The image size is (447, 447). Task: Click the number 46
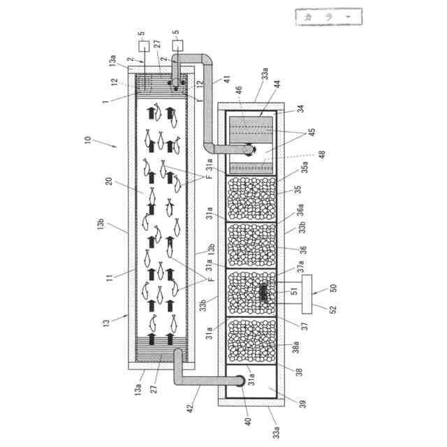(238, 89)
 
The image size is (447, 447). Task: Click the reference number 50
(333, 288)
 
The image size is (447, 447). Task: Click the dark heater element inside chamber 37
(264, 293)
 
